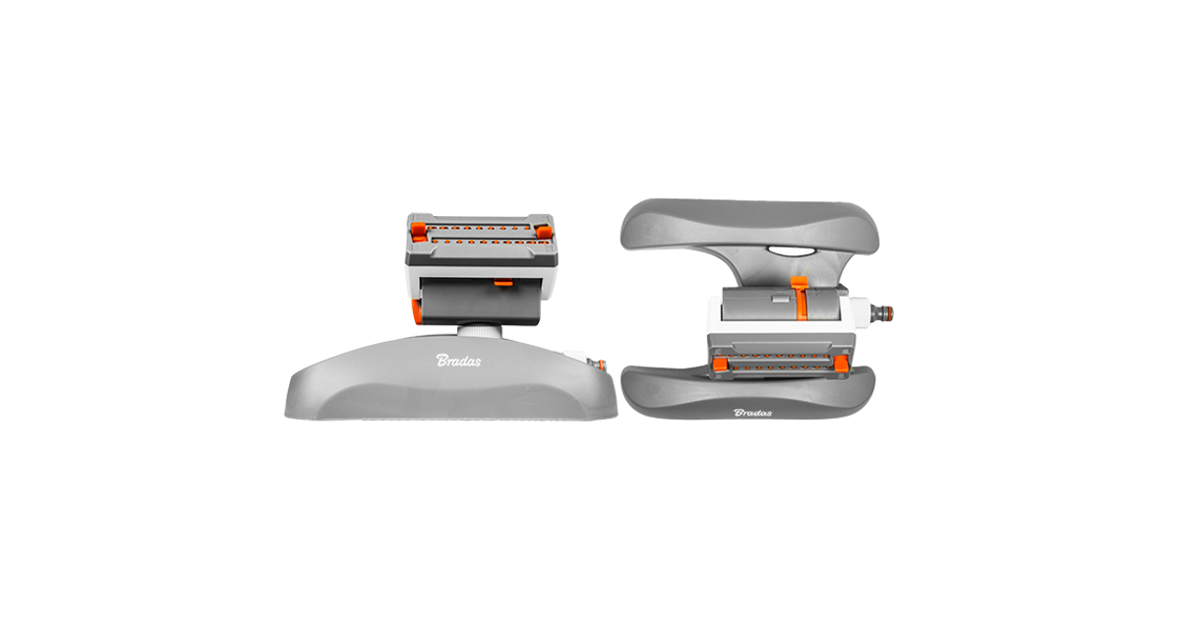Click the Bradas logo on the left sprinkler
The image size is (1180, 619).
point(458,361)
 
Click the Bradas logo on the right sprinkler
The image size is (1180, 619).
point(753,413)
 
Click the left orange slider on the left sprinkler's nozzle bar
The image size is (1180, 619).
point(419,231)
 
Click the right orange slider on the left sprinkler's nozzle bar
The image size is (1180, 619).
point(544,232)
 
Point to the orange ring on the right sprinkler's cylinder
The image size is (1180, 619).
point(800,300)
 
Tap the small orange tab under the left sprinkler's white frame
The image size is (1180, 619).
point(504,283)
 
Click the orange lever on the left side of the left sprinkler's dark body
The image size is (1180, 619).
point(416,312)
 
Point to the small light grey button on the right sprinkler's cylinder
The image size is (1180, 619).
point(779,299)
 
